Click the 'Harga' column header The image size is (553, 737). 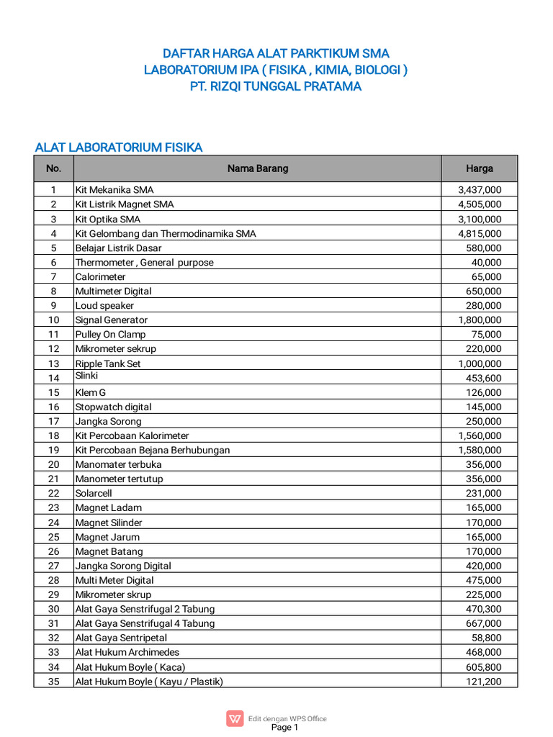coord(479,168)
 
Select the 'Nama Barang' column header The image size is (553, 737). coord(258,168)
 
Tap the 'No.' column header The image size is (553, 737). coord(53,168)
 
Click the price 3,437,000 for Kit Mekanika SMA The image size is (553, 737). coord(480,190)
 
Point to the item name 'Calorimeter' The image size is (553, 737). coord(100,276)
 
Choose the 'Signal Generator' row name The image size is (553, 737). coord(112,320)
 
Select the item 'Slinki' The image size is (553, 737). coord(86,376)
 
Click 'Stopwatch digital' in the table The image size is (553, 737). coord(113,407)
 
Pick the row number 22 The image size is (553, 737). coord(53,493)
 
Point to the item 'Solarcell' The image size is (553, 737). coord(94,493)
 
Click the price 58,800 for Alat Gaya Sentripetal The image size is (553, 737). coord(487,638)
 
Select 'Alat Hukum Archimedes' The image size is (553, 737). coord(127,652)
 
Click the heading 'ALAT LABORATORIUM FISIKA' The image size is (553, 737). coord(119,148)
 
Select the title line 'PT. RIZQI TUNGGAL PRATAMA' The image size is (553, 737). coord(276,87)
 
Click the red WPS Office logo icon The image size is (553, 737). coord(235,718)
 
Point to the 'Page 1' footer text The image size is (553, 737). coord(284,728)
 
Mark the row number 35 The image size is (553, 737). coord(53,681)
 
